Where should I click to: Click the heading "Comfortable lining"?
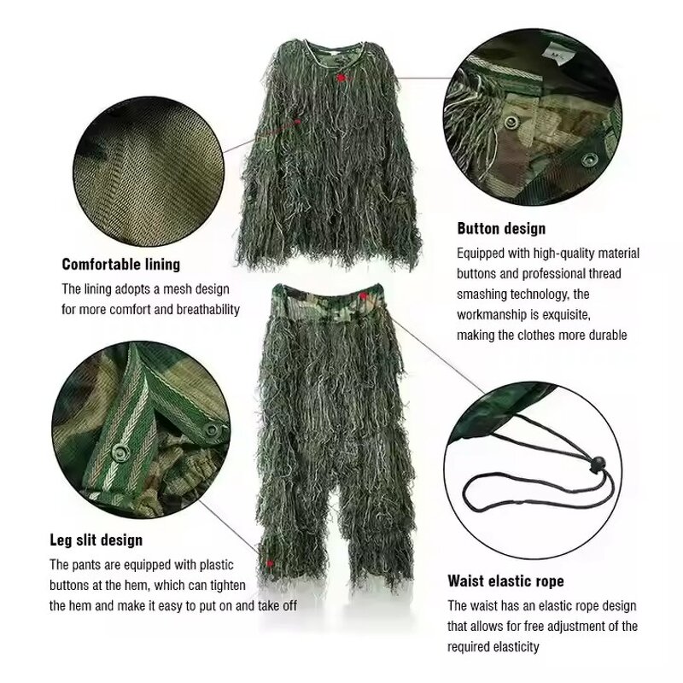[120, 265]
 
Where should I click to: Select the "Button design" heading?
[501, 229]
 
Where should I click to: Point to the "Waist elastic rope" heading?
[506, 582]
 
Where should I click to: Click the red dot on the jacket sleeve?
[297, 122]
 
